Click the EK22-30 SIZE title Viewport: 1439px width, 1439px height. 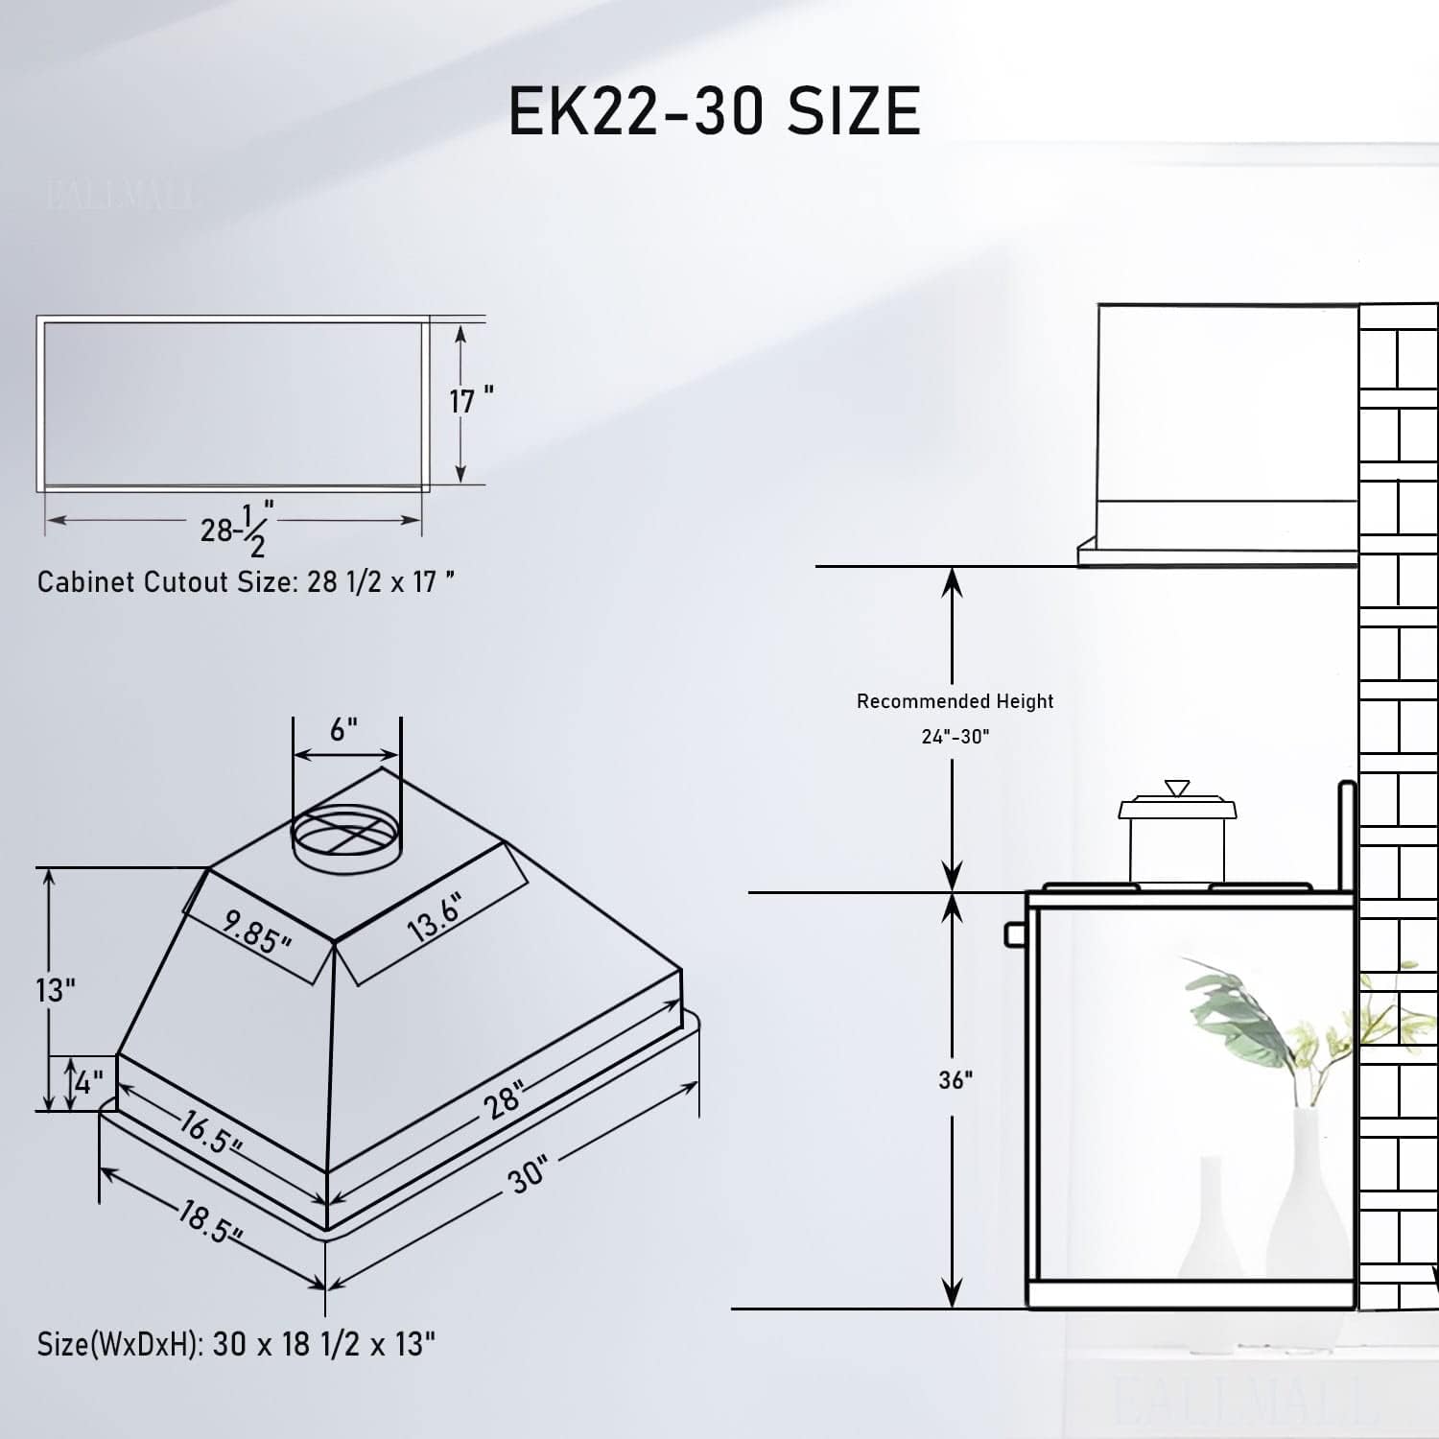coord(714,111)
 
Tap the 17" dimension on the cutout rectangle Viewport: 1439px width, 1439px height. coord(471,400)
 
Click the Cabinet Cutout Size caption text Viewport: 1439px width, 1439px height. coord(246,582)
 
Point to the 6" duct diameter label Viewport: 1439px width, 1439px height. coord(343,730)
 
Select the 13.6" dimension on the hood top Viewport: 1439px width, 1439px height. coord(435,917)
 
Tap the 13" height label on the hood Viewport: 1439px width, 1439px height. coord(56,990)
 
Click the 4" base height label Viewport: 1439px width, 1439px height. coord(88,1084)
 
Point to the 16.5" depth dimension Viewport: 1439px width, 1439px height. coord(210,1133)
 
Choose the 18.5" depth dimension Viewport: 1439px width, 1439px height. coord(209,1221)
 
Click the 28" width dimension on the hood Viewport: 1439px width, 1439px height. coord(504,1099)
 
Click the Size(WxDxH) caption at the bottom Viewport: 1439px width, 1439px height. coord(236,1344)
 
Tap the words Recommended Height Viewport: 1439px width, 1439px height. coord(955,701)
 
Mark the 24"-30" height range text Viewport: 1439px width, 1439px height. coord(955,737)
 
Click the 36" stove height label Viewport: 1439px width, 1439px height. coord(955,1080)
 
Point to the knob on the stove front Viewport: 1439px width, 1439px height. coord(1015,933)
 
